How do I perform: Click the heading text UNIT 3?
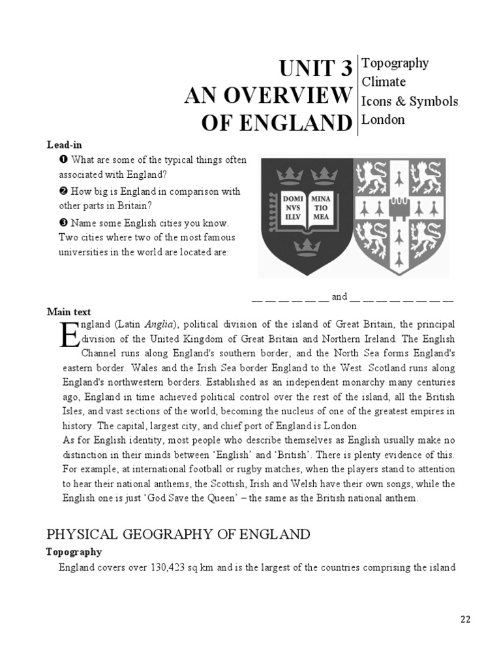[x=316, y=68]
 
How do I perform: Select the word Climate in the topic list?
[x=384, y=82]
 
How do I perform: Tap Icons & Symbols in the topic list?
[x=409, y=101]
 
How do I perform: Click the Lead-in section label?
[x=64, y=145]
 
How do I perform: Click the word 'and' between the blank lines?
[x=339, y=297]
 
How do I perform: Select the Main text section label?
[x=68, y=312]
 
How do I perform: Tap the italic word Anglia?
[x=159, y=324]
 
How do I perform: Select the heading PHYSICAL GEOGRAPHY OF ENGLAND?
[x=177, y=535]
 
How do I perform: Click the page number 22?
[x=464, y=619]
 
